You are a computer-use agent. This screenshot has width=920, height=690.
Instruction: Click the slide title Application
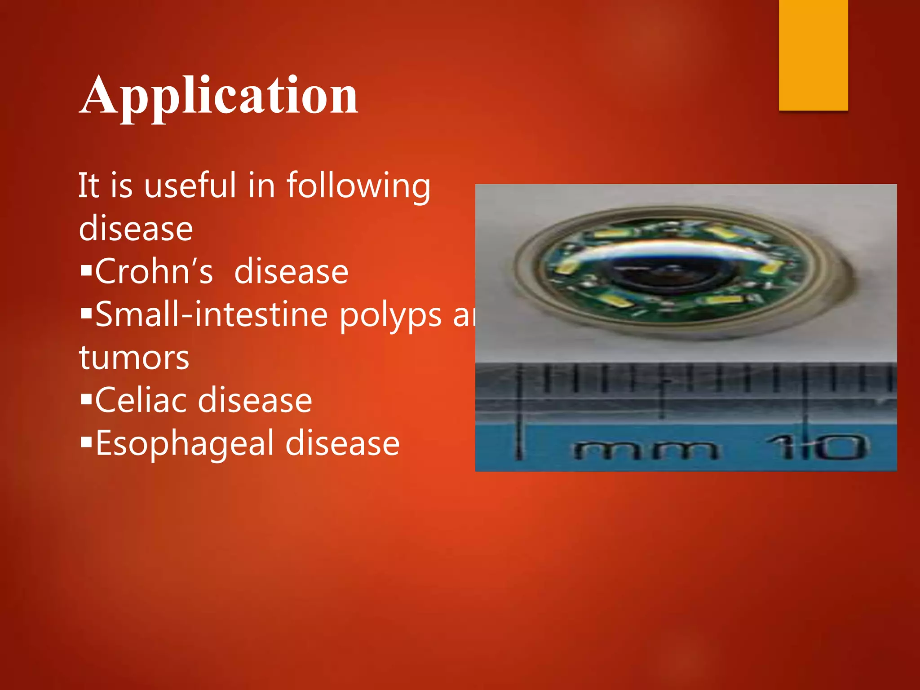tap(219, 95)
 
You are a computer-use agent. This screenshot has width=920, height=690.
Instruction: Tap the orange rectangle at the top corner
tap(813, 55)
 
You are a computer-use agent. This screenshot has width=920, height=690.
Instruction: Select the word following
tap(358, 186)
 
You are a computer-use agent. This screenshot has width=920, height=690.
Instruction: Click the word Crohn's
tap(154, 271)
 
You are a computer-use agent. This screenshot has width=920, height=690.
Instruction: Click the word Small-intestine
tap(212, 314)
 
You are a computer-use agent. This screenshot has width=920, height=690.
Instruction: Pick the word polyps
tap(390, 316)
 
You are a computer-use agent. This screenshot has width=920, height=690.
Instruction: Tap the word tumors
tap(134, 358)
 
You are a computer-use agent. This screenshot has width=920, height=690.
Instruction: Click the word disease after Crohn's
tap(291, 271)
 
